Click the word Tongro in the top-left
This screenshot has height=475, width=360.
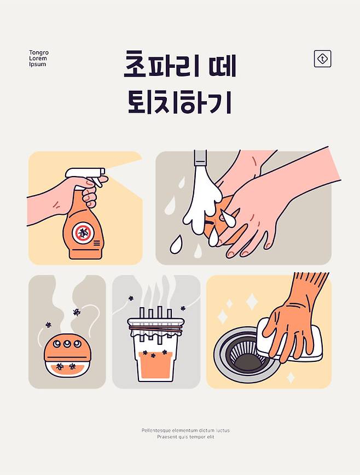pyautogui.click(x=39, y=52)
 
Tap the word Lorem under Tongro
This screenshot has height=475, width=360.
pyautogui.click(x=38, y=58)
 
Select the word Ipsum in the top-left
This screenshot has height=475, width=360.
pyautogui.click(x=38, y=64)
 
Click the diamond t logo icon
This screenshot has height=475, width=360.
pyautogui.click(x=322, y=58)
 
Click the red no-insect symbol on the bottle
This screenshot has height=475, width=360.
pyautogui.click(x=83, y=233)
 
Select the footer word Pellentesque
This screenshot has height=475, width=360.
pyautogui.click(x=156, y=430)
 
